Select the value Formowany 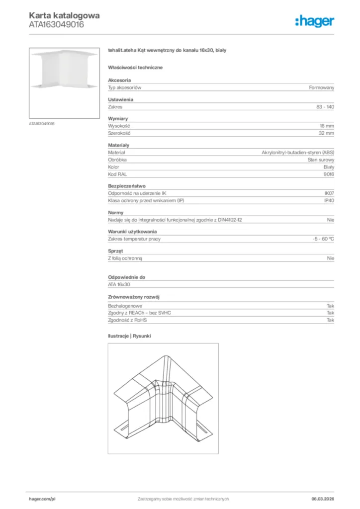[321, 87]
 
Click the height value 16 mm [327, 126]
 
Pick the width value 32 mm [326, 133]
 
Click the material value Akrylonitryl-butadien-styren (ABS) [298, 153]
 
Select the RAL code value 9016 [329, 174]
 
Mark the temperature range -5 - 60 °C [320, 239]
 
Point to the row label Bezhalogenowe [125, 306]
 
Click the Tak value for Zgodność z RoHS [330, 320]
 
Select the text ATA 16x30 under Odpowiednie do [119, 284]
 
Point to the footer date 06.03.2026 [319, 499]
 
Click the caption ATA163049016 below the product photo [42, 123]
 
